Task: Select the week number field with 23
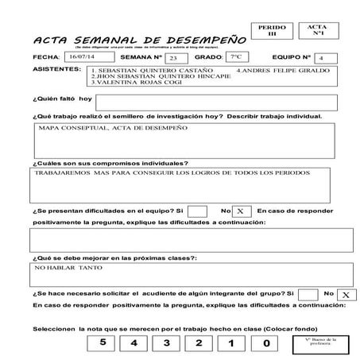point(173,58)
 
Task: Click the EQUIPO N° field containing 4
point(320,58)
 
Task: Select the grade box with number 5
point(103,343)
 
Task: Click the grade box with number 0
point(266,343)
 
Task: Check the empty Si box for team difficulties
point(198,211)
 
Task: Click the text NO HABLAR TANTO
point(64,269)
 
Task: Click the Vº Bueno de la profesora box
point(315,344)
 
